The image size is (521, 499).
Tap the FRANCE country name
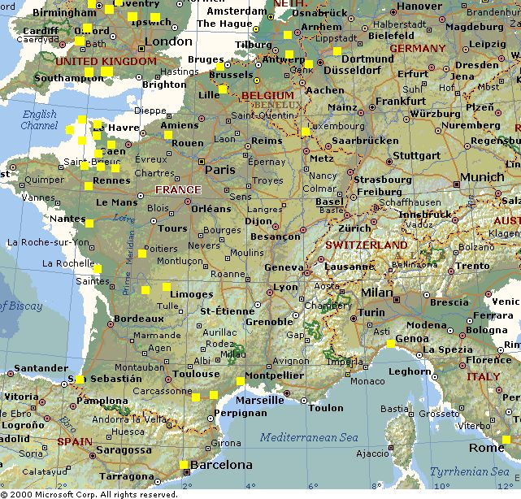178,190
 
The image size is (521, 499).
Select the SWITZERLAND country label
367,245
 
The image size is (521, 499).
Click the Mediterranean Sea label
309,438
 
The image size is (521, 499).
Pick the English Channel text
39,120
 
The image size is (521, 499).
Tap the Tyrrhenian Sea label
471,471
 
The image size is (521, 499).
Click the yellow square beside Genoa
391,344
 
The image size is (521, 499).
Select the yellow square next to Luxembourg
306,131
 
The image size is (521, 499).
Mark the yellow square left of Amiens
168,134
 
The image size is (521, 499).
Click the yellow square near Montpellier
241,380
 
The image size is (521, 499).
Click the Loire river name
124,218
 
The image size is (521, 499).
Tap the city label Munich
482,177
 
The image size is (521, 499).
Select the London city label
168,41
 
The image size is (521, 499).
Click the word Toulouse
196,375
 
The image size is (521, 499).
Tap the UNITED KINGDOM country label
106,62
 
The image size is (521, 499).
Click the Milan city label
377,292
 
